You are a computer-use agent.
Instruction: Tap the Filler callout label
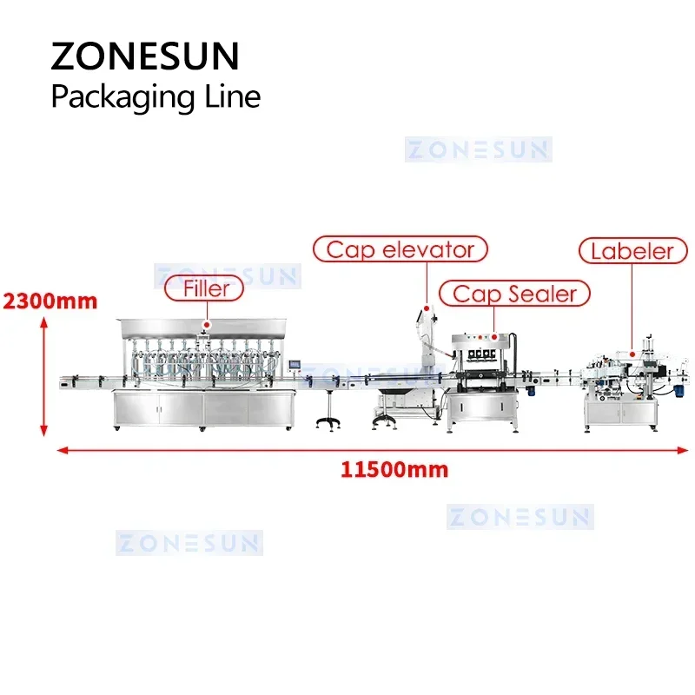coord(206,288)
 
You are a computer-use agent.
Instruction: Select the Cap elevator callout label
coord(400,250)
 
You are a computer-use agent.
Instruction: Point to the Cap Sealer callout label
coord(514,294)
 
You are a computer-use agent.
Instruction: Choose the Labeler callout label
coord(632,251)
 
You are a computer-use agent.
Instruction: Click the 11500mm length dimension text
coord(394,470)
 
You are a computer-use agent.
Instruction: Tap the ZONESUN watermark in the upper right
coord(478,149)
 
